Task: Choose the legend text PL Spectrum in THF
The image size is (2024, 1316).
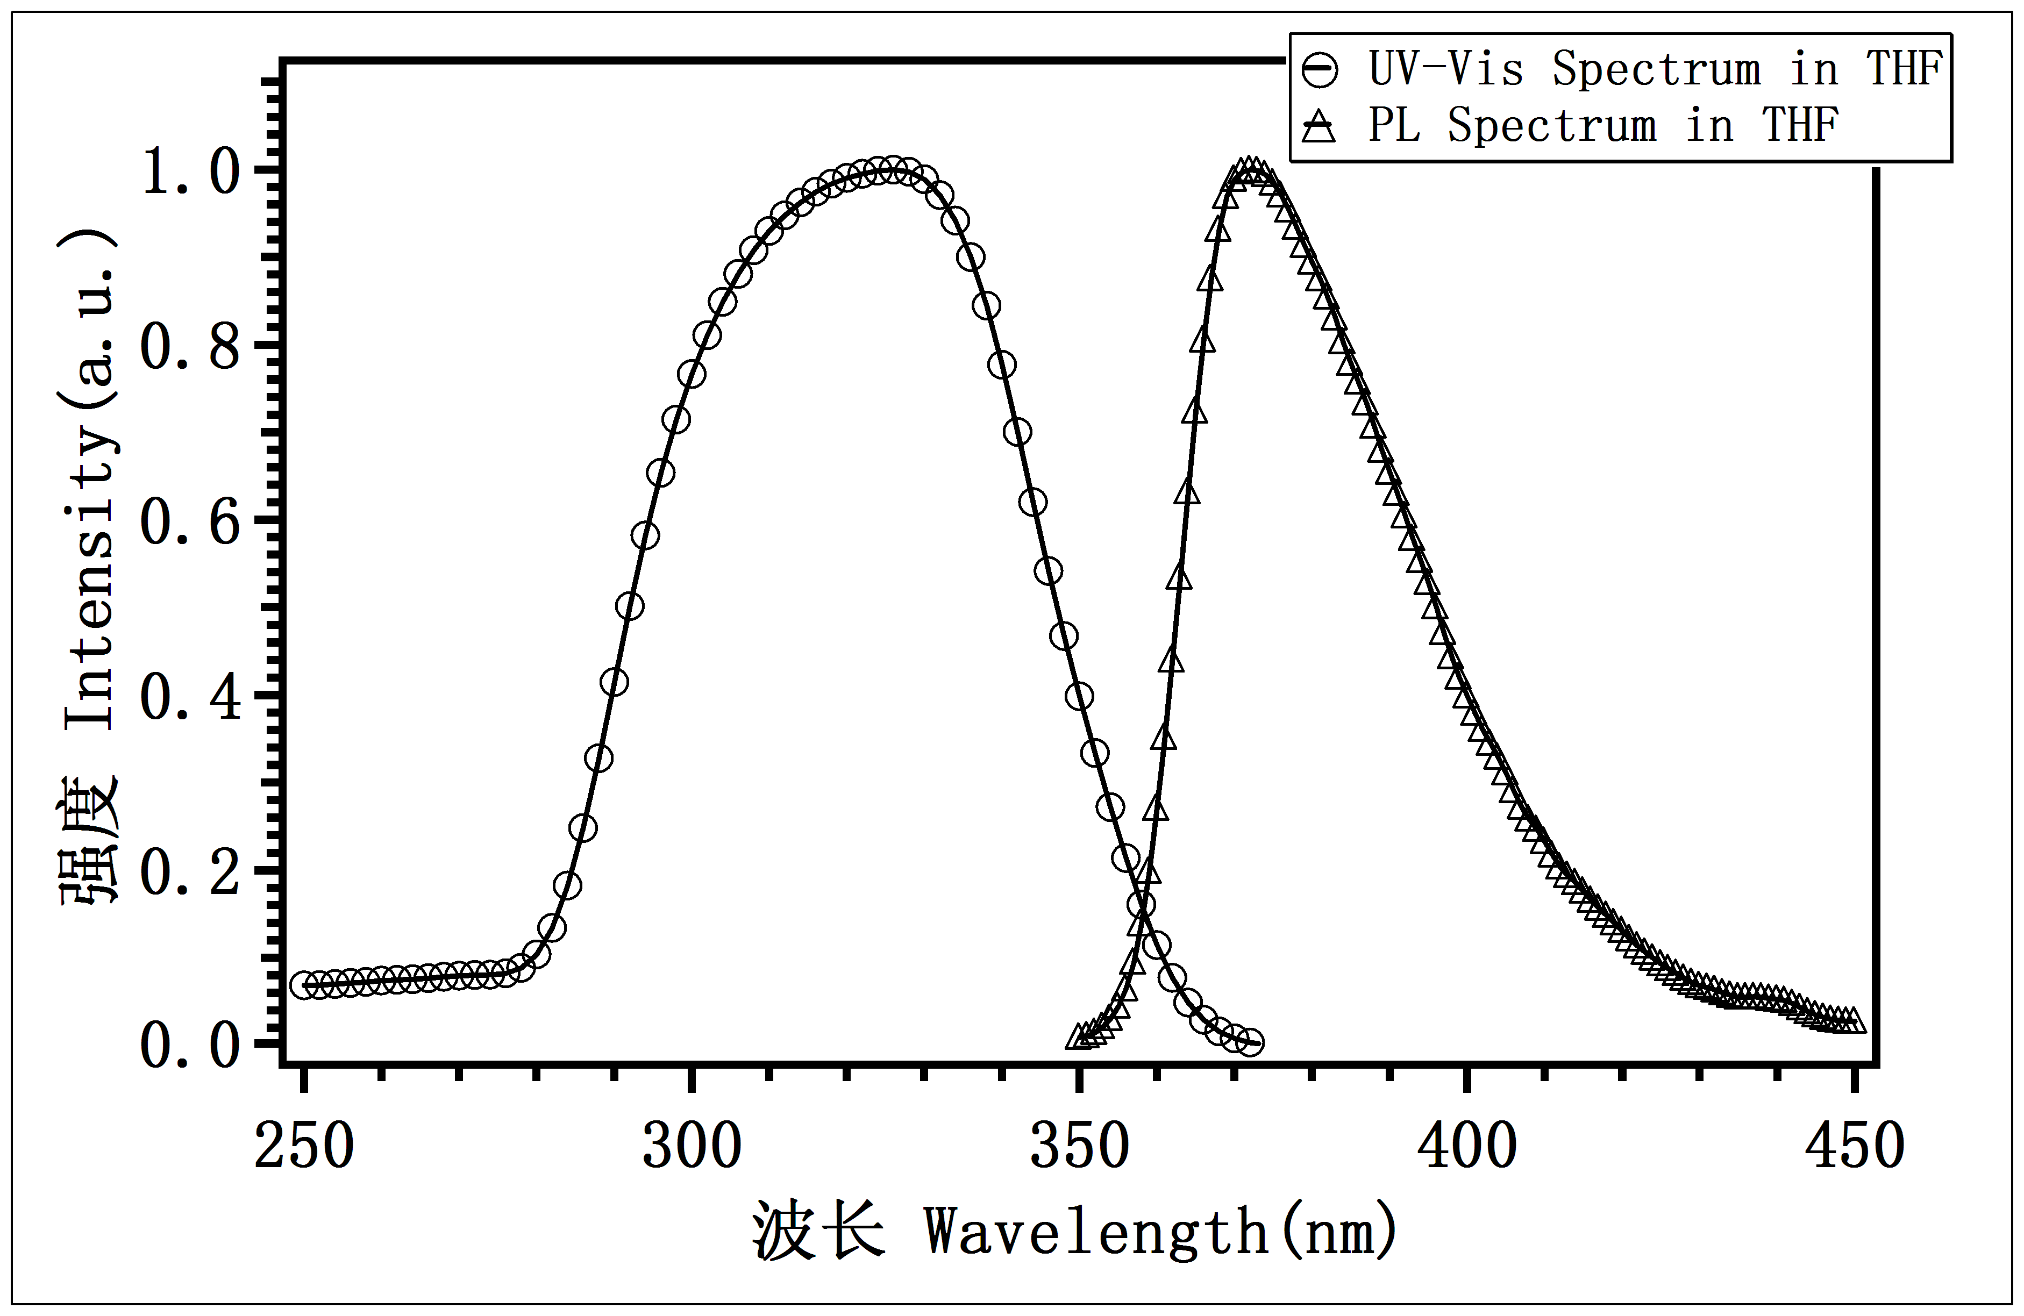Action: [x=1603, y=126]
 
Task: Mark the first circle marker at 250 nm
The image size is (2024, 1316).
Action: [x=304, y=985]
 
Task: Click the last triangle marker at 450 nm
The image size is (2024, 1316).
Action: [x=1855, y=1021]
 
